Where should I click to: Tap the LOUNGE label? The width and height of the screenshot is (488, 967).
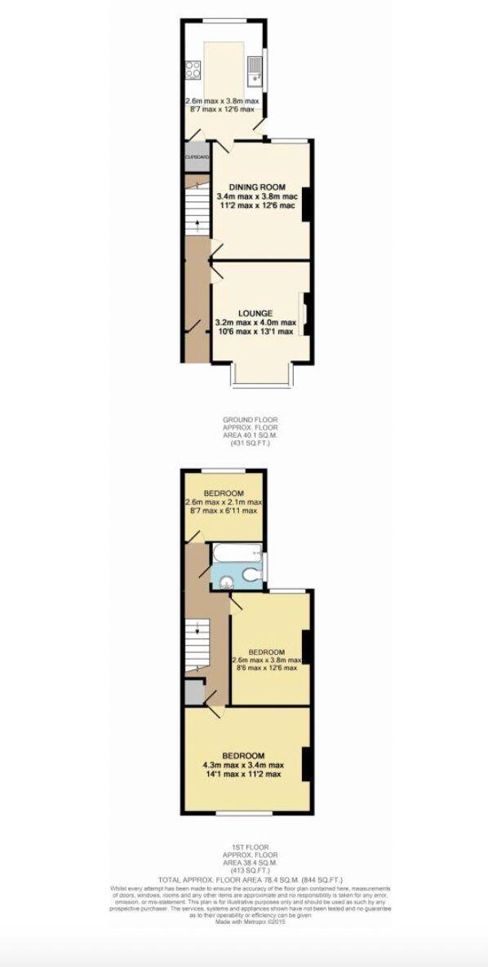tap(255, 312)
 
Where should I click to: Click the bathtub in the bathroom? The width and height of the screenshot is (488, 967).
tap(237, 554)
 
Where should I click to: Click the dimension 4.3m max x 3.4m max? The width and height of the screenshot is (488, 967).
tap(243, 765)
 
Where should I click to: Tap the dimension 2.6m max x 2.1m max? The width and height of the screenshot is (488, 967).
tap(224, 502)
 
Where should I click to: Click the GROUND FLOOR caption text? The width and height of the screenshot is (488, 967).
tap(245, 420)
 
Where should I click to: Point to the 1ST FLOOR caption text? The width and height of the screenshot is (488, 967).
tap(245, 847)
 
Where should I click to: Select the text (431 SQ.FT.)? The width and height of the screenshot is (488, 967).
tap(245, 444)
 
